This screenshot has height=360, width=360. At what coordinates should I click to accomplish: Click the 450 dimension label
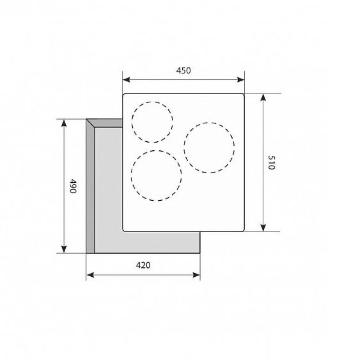(x=184, y=71)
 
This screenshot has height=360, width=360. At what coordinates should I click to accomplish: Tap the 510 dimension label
(x=271, y=162)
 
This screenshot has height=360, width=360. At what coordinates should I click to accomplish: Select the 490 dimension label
(x=73, y=186)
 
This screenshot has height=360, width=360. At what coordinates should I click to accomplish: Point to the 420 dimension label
(x=143, y=265)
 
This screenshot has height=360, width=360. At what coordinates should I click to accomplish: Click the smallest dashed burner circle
(x=132, y=122)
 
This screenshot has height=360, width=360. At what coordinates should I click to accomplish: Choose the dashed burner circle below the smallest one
(x=131, y=175)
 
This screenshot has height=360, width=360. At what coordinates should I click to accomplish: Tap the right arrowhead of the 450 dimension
(x=241, y=80)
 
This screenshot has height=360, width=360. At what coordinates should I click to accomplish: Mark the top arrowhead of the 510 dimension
(x=263, y=97)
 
